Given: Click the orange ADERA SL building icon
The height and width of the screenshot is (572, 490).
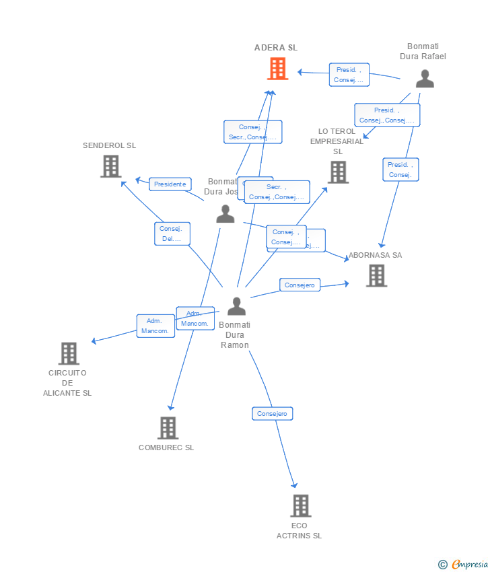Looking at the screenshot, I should [x=277, y=69].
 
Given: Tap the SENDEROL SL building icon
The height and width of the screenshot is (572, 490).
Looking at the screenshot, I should [x=110, y=166].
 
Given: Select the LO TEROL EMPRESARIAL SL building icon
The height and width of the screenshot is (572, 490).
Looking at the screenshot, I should [x=338, y=172].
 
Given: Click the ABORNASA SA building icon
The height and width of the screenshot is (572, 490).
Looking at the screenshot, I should [x=376, y=275].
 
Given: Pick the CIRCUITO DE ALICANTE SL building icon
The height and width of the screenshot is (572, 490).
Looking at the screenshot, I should [x=69, y=353].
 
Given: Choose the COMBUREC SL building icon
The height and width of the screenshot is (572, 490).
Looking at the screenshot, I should [x=168, y=428].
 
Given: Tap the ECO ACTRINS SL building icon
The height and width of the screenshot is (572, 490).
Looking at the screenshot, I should [x=300, y=505].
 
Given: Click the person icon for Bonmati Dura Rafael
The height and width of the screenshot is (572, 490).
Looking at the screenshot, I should [x=424, y=79].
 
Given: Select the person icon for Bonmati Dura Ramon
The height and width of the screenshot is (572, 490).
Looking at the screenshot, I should [x=236, y=306].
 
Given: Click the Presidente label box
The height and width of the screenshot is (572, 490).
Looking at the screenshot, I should [x=170, y=184].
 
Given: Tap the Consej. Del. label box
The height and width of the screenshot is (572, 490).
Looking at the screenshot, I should [x=172, y=234].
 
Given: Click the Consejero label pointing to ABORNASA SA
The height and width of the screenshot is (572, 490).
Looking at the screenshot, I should [x=300, y=285].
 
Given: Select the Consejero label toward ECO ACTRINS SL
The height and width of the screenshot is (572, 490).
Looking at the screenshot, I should [x=272, y=414].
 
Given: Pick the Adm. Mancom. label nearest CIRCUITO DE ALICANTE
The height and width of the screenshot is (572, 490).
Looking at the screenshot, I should [x=155, y=326].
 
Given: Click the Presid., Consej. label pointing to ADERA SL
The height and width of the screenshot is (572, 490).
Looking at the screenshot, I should [x=349, y=75].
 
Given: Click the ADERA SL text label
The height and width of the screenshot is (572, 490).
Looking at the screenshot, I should [x=276, y=48].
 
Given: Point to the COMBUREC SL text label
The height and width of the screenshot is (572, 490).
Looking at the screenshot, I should [x=166, y=448].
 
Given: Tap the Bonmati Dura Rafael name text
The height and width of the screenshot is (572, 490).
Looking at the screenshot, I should [x=423, y=51].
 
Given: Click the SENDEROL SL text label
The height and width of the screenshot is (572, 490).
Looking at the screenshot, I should [x=109, y=145].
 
